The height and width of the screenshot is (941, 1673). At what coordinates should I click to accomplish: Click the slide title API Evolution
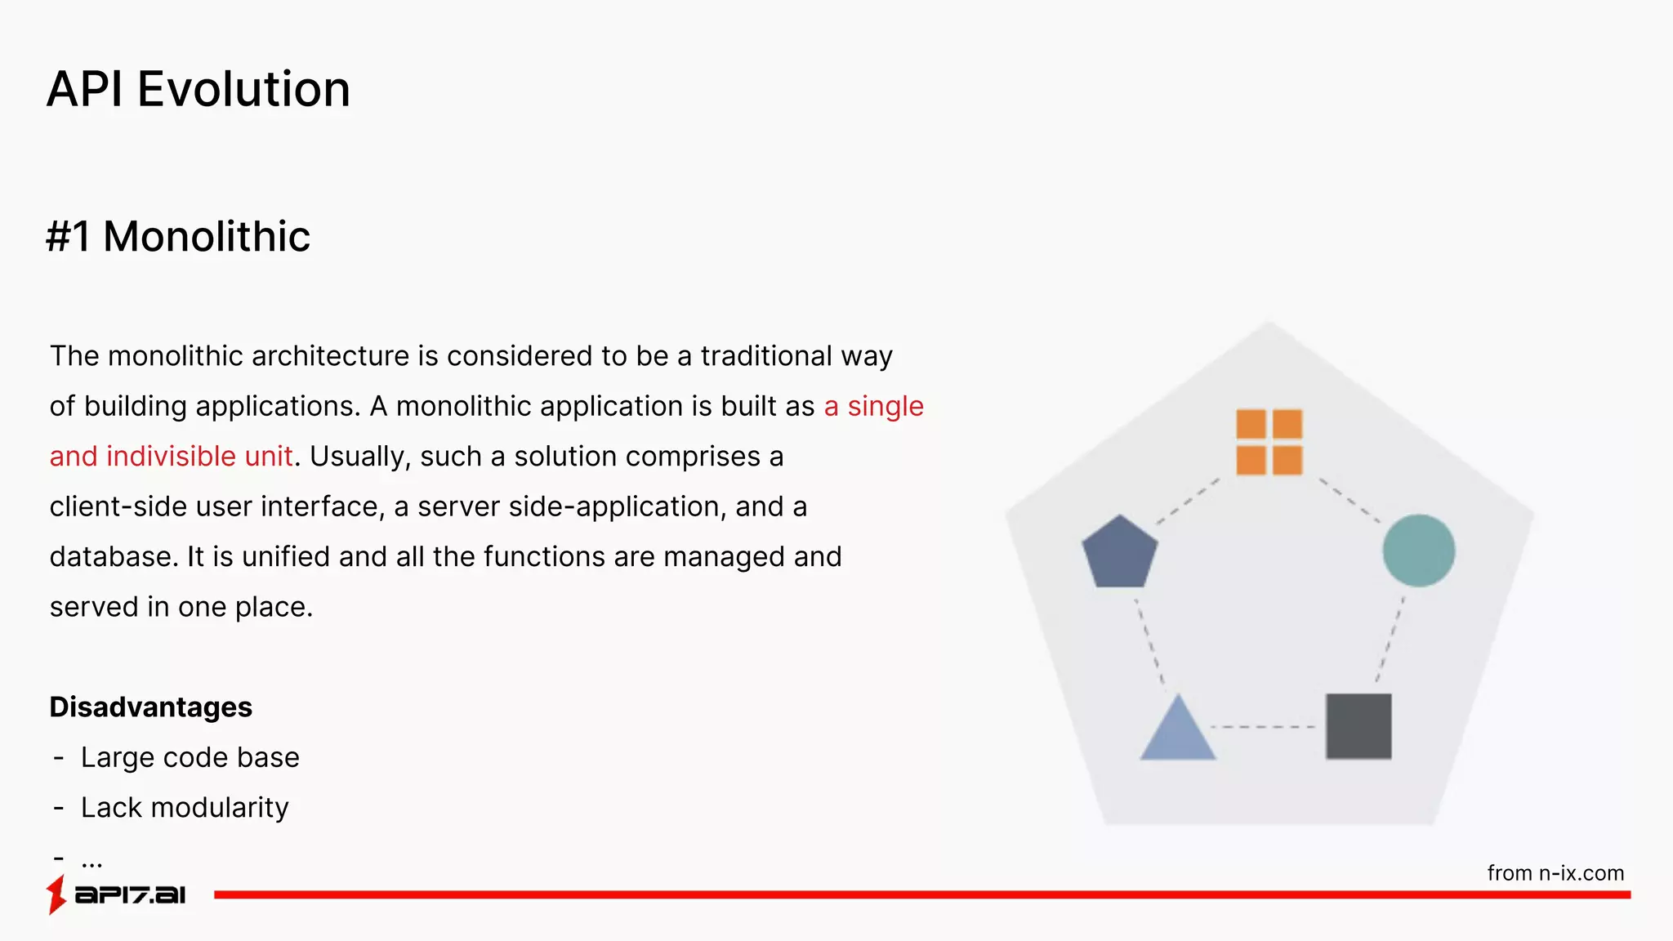199,89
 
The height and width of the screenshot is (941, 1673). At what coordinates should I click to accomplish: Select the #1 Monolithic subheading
178,237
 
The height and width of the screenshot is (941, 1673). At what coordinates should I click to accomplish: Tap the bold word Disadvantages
151,707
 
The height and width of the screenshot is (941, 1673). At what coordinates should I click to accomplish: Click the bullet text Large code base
190,757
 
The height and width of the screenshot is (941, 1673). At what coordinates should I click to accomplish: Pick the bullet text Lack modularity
185,808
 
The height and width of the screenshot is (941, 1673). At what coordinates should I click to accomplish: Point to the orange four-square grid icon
1269,442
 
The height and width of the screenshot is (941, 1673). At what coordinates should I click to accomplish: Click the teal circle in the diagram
1418,551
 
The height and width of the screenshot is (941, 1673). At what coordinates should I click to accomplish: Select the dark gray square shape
1358,726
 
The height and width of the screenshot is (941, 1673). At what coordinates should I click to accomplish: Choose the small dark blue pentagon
1119,553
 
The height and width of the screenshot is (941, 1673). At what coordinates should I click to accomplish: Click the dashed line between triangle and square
1263,726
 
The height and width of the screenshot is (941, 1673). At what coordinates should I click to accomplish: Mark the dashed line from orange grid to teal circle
1349,500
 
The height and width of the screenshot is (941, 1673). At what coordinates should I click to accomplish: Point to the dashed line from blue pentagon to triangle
1149,641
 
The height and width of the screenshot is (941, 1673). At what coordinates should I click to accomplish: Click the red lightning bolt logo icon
56,894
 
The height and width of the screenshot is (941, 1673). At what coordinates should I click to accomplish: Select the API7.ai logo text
131,895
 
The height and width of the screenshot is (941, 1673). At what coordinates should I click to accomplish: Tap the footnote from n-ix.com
1555,873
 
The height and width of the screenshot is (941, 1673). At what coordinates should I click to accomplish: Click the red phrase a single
873,406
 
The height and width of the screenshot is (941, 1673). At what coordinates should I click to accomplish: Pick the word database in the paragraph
113,557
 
